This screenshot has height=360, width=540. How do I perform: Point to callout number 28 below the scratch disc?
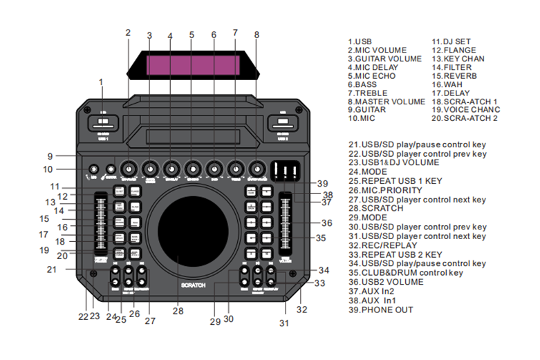pyautogui.click(x=178, y=312)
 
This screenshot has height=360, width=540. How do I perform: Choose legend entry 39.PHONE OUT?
pyautogui.click(x=381, y=310)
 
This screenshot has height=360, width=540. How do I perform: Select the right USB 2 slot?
pyautogui.click(x=283, y=125)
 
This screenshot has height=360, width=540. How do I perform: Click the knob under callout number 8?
pyautogui.click(x=258, y=169)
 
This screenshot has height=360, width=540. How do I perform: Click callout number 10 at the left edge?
pyautogui.click(x=47, y=169)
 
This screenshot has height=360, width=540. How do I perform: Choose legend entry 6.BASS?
pyautogui.click(x=363, y=84)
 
